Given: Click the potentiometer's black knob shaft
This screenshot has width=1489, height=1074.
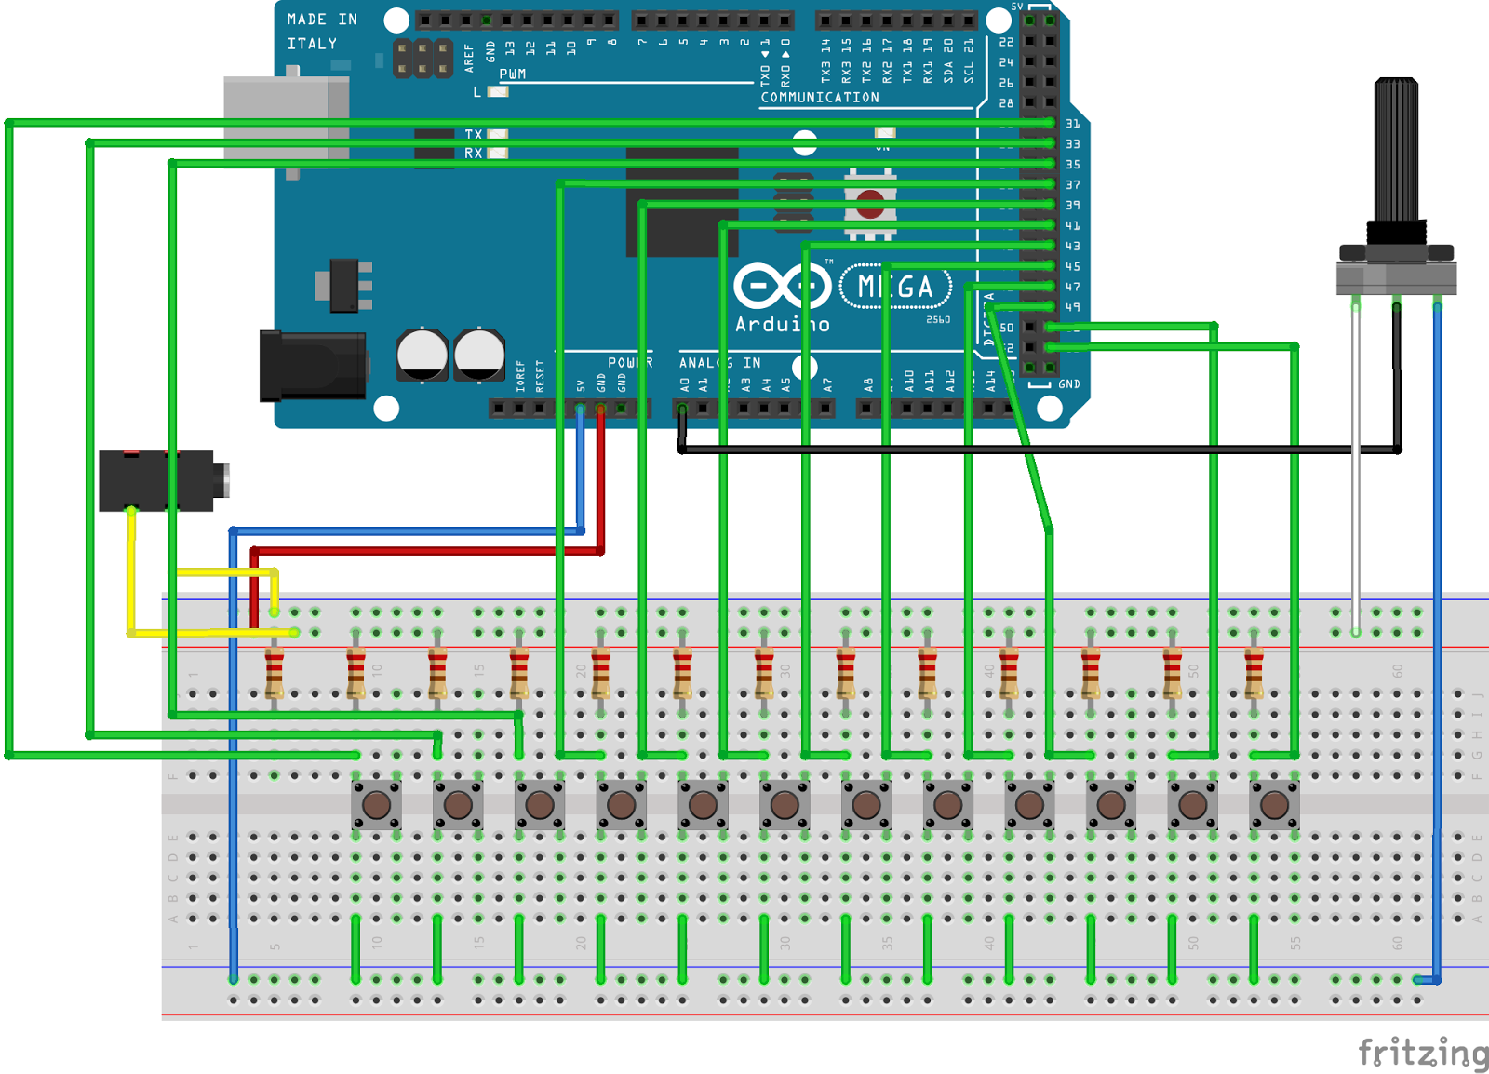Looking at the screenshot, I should [1396, 149].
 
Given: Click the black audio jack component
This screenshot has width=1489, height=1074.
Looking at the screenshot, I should [158, 480].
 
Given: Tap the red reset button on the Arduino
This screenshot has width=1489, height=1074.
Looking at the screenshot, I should [870, 204].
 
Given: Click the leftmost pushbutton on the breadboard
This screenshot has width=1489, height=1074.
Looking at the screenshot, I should [376, 805].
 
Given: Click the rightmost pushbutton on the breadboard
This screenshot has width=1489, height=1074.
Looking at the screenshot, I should [1274, 805].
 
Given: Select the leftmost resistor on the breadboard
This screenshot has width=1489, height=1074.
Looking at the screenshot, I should [275, 672].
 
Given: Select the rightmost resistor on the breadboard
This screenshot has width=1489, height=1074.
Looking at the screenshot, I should [1254, 672].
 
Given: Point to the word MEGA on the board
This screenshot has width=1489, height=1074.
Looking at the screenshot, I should [895, 287].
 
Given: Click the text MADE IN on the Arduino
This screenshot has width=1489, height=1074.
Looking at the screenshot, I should [322, 20].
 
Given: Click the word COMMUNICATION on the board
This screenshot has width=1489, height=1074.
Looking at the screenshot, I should [820, 98].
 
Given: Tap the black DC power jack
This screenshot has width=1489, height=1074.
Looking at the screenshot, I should [313, 366].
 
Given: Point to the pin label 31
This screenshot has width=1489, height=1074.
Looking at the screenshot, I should [1073, 124].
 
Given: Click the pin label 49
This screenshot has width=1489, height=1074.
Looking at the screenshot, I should [1073, 307].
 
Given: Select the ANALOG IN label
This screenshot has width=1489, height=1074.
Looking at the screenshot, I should [719, 363].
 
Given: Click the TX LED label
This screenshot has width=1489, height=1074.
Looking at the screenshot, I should [474, 134].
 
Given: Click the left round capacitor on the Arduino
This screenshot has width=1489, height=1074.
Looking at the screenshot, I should [422, 355].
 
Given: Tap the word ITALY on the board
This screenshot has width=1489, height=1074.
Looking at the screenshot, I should [312, 44].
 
